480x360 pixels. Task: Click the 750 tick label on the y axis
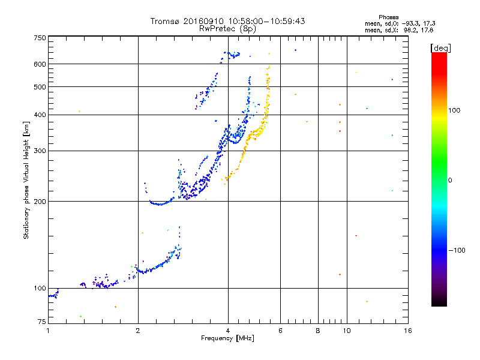pos(40,37)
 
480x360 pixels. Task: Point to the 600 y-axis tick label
pos(40,64)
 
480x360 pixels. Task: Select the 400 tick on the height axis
pos(40,115)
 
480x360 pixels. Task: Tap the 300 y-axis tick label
pos(40,151)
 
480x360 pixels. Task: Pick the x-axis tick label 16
pos(407,331)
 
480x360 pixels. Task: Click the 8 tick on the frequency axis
pos(318,331)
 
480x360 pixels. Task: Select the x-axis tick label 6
pos(280,331)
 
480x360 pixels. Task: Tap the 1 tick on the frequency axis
pos(48,331)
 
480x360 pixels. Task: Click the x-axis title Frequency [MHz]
pos(227,338)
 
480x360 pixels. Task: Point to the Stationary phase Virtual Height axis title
pos(26,180)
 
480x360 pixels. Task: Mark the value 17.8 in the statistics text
pos(427,29)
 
